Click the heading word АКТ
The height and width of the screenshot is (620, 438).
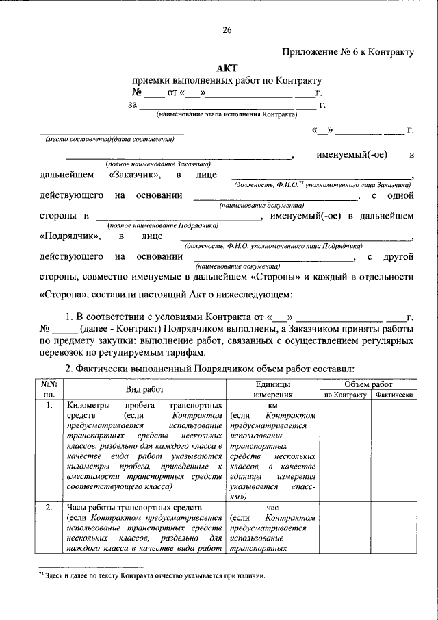[227, 68]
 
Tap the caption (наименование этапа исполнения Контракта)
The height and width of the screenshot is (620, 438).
[227, 114]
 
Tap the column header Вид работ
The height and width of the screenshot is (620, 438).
[144, 388]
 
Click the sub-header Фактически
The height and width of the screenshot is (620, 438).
[394, 395]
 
